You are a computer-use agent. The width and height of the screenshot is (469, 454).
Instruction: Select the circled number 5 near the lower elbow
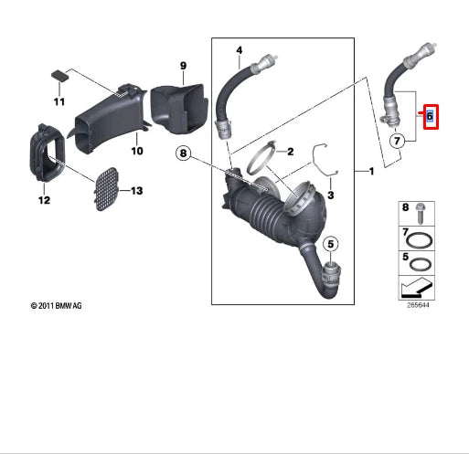[331, 243]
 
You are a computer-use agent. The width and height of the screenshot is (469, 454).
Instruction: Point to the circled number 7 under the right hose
[397, 142]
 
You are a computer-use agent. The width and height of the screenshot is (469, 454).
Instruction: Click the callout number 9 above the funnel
[182, 65]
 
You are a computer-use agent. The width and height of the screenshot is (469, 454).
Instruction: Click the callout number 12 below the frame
[43, 200]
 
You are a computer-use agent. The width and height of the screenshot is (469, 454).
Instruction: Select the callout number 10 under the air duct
[136, 150]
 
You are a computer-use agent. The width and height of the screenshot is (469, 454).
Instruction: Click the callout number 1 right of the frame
[370, 171]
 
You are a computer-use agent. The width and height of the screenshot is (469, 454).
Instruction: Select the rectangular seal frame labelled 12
[43, 151]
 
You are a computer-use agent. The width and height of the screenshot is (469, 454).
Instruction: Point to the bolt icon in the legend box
[419, 214]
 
